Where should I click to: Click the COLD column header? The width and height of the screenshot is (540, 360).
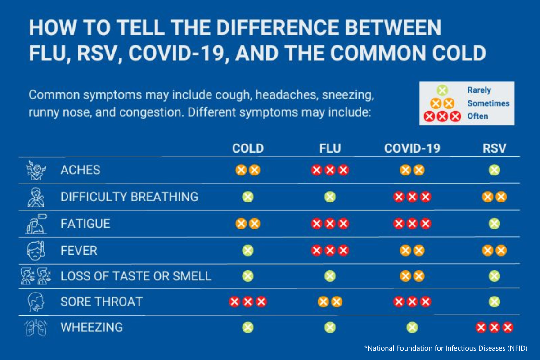(x=247, y=148)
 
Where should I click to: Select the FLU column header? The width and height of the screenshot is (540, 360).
(x=330, y=148)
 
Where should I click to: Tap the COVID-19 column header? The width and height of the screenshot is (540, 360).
(x=412, y=148)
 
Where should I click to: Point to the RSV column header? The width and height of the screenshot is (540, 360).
(x=494, y=148)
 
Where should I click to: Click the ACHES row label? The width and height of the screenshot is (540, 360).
(x=81, y=170)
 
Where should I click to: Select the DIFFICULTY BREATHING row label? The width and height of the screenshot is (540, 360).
(x=129, y=197)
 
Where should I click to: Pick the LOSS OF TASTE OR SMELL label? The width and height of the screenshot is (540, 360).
(x=136, y=276)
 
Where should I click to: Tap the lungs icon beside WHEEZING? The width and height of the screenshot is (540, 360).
(x=36, y=327)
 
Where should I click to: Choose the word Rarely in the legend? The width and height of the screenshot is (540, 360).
(x=479, y=90)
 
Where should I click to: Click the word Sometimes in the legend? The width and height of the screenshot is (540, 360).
(x=488, y=103)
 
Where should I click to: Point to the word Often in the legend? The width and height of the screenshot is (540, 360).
(x=477, y=117)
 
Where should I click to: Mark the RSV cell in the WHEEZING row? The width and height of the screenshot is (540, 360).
(x=494, y=328)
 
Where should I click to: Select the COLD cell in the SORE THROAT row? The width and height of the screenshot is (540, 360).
(x=247, y=301)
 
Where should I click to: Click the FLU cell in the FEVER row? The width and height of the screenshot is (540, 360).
(x=330, y=250)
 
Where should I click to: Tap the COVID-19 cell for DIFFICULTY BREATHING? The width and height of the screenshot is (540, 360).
(x=412, y=197)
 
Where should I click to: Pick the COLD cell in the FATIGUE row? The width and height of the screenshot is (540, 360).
(x=247, y=223)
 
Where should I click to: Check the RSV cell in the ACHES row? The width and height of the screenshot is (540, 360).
(x=494, y=170)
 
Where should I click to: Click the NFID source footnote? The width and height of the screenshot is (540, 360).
(x=445, y=348)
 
